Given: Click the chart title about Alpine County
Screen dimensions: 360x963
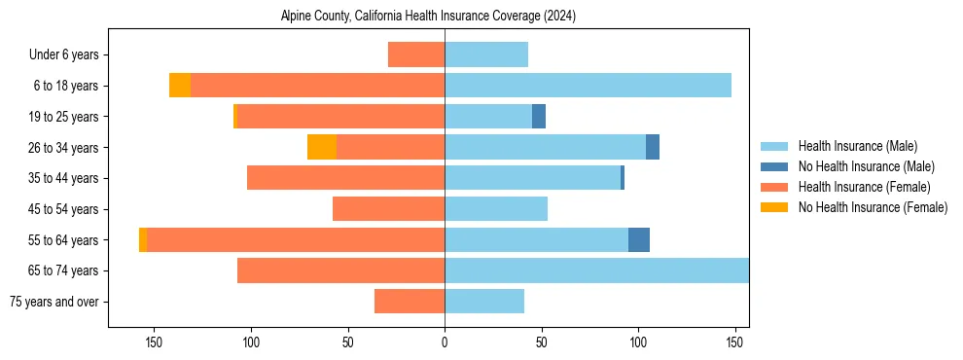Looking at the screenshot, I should click(428, 17).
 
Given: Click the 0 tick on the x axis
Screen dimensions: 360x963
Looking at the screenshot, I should click(445, 342).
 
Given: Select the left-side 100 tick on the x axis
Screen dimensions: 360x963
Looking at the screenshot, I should click(251, 342).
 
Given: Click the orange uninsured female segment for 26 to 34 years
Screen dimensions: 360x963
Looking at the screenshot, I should click(322, 147).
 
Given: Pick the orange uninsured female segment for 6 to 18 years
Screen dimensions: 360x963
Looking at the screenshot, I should click(180, 86).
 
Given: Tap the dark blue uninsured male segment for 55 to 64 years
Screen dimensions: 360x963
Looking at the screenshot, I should click(639, 239).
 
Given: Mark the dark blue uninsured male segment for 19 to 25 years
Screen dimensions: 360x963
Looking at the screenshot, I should click(539, 117).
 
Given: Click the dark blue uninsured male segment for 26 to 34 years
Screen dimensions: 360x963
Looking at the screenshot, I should click(653, 147).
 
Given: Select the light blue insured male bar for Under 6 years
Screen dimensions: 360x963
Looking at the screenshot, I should click(486, 54).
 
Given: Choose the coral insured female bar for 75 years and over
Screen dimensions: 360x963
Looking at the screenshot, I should click(410, 302).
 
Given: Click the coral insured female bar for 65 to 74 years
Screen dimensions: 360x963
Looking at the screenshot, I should click(340, 270).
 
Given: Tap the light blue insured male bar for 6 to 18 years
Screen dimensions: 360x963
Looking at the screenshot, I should click(588, 86).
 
